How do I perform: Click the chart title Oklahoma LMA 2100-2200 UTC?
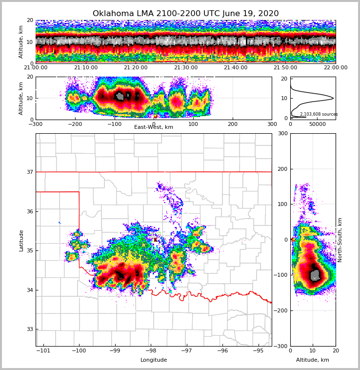pyautogui.click(x=185, y=14)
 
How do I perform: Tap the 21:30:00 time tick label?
pyautogui.click(x=186, y=68)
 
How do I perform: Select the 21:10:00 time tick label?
pyautogui.click(x=85, y=68)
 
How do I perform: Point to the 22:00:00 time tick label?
pyautogui.click(x=335, y=68)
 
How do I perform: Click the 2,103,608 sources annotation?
pyautogui.click(x=319, y=114)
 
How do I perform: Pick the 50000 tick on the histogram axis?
pyautogui.click(x=318, y=124)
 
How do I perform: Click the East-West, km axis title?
pyautogui.click(x=154, y=127)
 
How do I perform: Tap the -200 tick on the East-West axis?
pyautogui.click(x=75, y=124)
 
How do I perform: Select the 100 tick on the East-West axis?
pyautogui.click(x=193, y=124)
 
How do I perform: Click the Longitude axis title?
pyautogui.click(x=154, y=360)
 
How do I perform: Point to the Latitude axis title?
pyautogui.click(x=21, y=240)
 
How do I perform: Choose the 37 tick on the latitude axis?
pyautogui.click(x=29, y=172)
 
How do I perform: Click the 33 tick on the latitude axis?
pyautogui.click(x=29, y=329)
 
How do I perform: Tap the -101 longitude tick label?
pyautogui.click(x=43, y=350)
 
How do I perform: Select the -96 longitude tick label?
pyautogui.click(x=222, y=350)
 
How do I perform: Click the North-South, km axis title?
pyautogui.click(x=340, y=240)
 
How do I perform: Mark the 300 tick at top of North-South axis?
pyautogui.click(x=282, y=133)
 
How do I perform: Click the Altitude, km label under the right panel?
pyautogui.click(x=313, y=360)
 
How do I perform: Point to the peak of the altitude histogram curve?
pyautogui.click(x=333, y=98)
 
